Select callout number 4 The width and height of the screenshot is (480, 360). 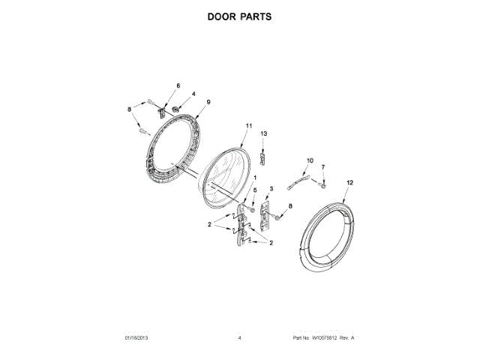coord(193,94)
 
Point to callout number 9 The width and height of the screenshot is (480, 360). coord(208,102)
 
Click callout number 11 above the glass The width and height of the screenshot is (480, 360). coord(248,126)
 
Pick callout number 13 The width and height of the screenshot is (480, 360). coord(263,133)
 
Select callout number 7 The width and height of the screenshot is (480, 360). coord(323,166)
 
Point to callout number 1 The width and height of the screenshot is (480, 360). coord(255,178)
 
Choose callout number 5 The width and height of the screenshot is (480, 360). coord(254,190)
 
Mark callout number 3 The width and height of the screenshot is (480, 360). coord(271,188)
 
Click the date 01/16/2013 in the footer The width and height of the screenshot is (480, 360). coord(138,339)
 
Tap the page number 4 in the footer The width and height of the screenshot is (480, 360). coord(239,339)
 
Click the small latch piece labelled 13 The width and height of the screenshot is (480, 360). coord(262,155)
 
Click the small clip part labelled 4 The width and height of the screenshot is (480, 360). coord(175,109)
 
